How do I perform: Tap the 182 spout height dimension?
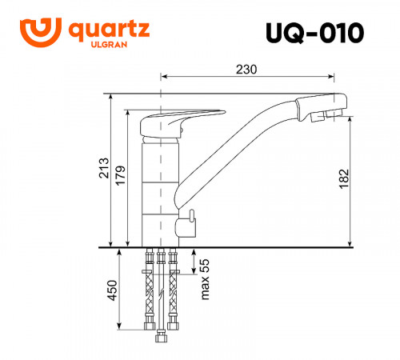(342, 178)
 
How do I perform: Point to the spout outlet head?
(320, 107)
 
